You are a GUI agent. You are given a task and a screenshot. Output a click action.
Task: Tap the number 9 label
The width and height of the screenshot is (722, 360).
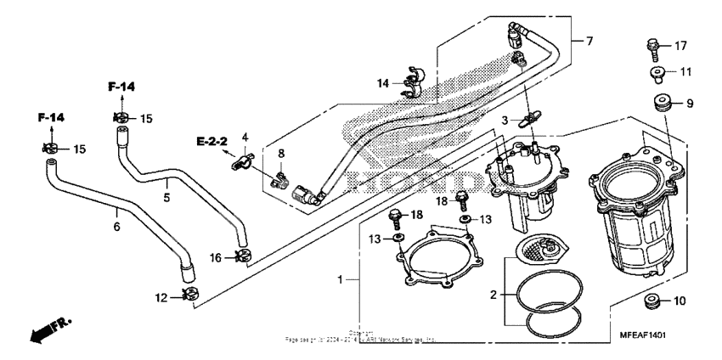point(690,104)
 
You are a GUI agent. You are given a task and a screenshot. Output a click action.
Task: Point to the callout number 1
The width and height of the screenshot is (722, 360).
point(341,279)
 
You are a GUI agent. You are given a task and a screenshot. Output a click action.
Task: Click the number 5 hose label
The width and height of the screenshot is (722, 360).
point(167,198)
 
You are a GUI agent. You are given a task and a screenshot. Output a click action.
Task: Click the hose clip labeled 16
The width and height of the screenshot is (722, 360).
point(242,256)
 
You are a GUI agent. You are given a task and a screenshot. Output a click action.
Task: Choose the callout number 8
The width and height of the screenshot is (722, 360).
point(282,154)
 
